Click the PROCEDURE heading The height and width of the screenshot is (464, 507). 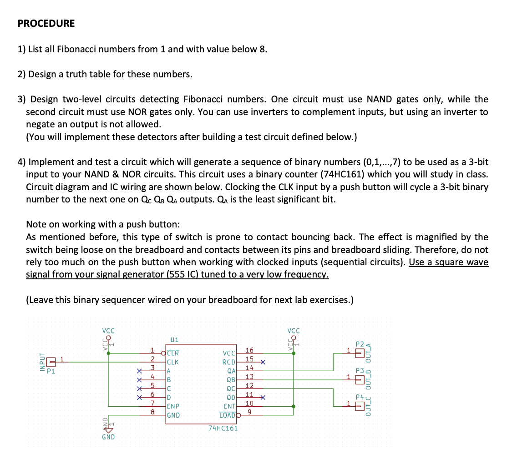click(46, 24)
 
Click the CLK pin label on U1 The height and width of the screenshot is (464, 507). click(173, 363)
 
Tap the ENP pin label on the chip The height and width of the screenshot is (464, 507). click(173, 406)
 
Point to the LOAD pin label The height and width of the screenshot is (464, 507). click(227, 415)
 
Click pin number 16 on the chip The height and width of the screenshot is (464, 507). click(249, 350)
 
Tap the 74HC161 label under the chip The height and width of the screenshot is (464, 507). click(223, 428)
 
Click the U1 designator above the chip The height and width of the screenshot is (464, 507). click(174, 339)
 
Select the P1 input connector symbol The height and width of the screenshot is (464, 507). click(51, 363)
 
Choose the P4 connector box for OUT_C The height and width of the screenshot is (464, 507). click(359, 406)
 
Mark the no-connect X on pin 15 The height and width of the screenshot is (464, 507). click(263, 363)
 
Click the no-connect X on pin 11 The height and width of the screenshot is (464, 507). click(263, 397)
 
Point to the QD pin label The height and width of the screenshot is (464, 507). click(230, 397)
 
